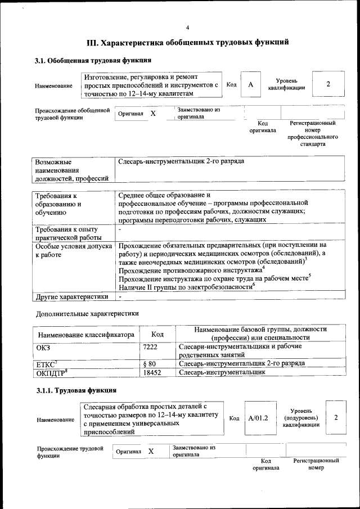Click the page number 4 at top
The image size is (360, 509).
(188, 28)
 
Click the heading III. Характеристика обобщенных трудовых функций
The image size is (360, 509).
(188, 42)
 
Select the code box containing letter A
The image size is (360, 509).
(251, 84)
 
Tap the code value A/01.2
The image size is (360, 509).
(258, 418)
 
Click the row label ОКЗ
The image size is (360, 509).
(43, 347)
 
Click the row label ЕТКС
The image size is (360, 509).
(47, 363)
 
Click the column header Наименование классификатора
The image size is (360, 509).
(86, 335)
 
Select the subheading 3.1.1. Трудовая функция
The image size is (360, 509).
(76, 390)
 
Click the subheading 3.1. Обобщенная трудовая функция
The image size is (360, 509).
(93, 60)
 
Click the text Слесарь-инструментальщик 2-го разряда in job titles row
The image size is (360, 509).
(181, 161)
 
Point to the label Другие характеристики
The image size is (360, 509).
(71, 296)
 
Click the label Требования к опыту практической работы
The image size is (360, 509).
(66, 233)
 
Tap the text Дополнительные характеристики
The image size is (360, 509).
(87, 313)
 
